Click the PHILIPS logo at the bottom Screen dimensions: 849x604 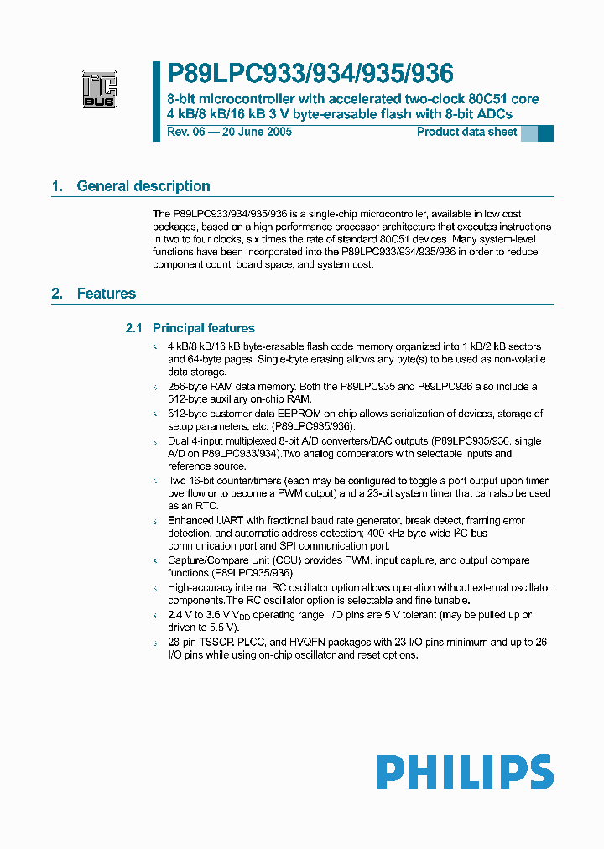464,772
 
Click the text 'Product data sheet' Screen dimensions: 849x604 466,133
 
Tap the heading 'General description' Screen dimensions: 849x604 143,186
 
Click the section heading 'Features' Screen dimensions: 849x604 106,294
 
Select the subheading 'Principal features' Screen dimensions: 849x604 203,328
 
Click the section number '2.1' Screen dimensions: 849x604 134,328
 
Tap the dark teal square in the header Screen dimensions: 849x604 545,133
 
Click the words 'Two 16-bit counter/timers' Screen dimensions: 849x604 229,482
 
